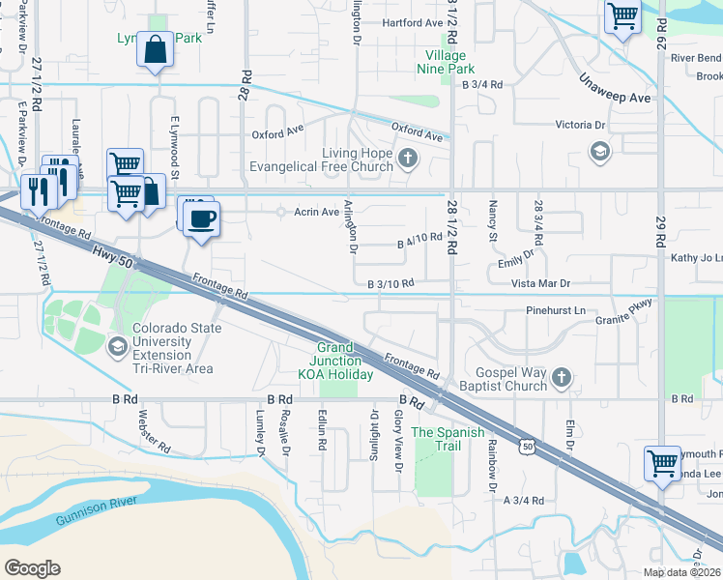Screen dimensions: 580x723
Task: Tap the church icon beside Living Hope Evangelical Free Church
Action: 407,159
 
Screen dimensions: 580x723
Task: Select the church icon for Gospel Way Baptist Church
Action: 561,375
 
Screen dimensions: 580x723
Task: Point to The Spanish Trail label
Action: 448,432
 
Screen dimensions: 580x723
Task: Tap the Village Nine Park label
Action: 445,62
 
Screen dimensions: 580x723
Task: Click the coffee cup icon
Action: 201,217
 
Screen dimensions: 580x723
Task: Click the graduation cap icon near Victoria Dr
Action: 599,151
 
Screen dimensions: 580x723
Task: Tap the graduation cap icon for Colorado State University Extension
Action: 117,346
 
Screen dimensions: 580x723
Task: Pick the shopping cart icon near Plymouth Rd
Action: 662,463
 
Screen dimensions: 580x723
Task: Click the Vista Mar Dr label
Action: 540,282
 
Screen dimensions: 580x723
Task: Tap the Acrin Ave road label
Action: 318,212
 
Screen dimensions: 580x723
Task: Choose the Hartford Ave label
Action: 412,22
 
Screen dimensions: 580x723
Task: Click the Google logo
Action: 32,568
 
